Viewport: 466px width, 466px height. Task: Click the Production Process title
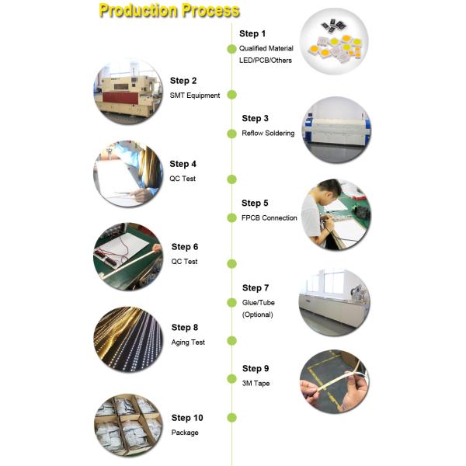tap(169, 11)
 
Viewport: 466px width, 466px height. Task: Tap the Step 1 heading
tap(252, 33)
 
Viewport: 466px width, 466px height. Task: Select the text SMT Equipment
tap(194, 96)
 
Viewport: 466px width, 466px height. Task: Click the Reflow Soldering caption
tap(268, 134)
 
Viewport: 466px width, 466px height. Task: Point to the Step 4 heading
tap(183, 164)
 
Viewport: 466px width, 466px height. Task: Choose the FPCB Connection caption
tap(269, 218)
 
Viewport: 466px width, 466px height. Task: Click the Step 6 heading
tap(185, 247)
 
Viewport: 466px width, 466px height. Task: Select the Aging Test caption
tap(188, 343)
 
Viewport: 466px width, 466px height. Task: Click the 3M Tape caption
tap(256, 384)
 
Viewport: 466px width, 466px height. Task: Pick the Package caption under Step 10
tap(185, 433)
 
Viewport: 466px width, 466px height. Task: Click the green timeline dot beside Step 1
tap(231, 49)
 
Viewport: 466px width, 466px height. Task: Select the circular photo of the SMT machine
tap(128, 92)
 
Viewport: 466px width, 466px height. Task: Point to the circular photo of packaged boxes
tap(128, 426)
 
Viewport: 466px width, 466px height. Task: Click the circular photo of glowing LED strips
tap(128, 340)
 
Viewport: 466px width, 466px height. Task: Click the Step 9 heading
tap(256, 368)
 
